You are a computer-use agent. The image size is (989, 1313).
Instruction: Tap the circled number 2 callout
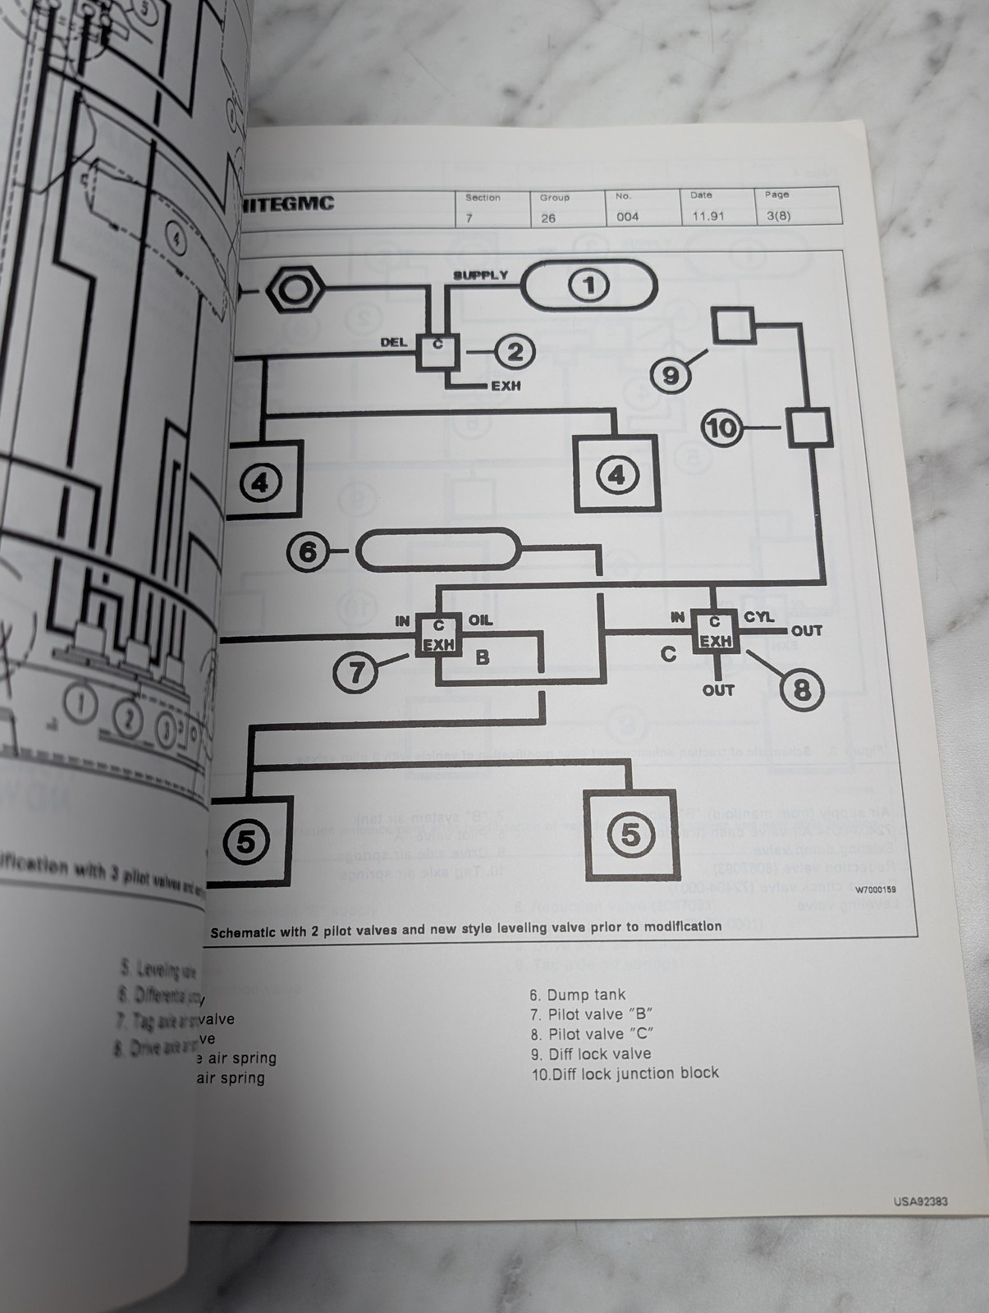[515, 352]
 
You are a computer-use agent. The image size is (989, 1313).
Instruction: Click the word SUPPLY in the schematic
[481, 275]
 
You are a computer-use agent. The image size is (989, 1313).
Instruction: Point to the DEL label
[394, 342]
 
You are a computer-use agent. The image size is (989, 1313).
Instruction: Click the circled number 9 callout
[671, 375]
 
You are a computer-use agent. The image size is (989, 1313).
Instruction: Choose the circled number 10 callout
[723, 428]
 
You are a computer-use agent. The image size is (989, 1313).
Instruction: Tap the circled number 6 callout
[308, 551]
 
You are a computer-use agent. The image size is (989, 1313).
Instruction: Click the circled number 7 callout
[356, 673]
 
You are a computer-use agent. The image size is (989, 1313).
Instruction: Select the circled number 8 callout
[801, 690]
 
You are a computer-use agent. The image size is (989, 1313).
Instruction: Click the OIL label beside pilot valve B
[480, 620]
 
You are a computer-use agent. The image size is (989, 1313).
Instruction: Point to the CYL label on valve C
[759, 616]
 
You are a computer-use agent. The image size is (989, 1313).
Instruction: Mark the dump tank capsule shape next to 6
[438, 548]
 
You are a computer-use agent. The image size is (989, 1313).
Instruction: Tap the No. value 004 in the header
[628, 217]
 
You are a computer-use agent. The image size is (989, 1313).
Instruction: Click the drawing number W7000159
[875, 890]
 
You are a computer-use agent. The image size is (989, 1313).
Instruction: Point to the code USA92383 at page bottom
[920, 1201]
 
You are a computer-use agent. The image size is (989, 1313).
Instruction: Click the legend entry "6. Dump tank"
[577, 995]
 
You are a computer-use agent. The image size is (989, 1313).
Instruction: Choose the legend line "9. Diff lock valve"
[590, 1054]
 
